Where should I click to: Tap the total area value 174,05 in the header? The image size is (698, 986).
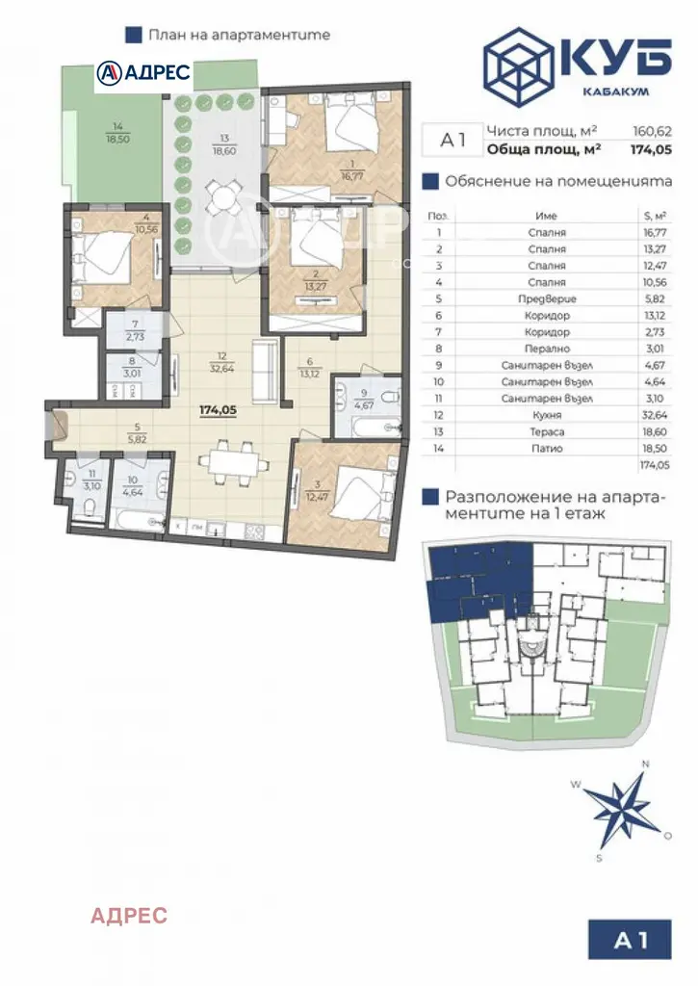[651, 149]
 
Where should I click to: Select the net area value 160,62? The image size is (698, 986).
[652, 131]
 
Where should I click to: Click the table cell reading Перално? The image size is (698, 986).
[547, 349]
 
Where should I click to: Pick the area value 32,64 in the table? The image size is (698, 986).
[655, 415]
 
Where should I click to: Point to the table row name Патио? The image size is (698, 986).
[547, 449]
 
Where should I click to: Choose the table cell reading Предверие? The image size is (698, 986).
[547, 298]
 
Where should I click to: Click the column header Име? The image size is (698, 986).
[546, 216]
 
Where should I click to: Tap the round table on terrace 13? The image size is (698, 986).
[223, 197]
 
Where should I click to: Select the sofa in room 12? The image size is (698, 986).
[265, 371]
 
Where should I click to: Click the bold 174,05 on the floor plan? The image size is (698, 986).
[218, 410]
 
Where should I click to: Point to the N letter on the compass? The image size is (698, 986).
[644, 765]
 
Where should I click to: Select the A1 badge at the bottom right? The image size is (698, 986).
[630, 940]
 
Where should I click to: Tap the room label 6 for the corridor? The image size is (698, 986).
[309, 362]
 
